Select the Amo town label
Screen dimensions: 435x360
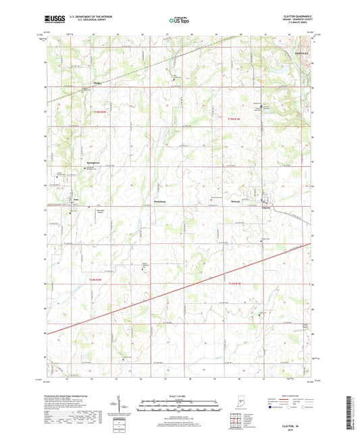76,199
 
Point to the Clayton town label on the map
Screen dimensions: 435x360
266,207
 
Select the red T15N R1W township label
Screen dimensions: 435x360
233,120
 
